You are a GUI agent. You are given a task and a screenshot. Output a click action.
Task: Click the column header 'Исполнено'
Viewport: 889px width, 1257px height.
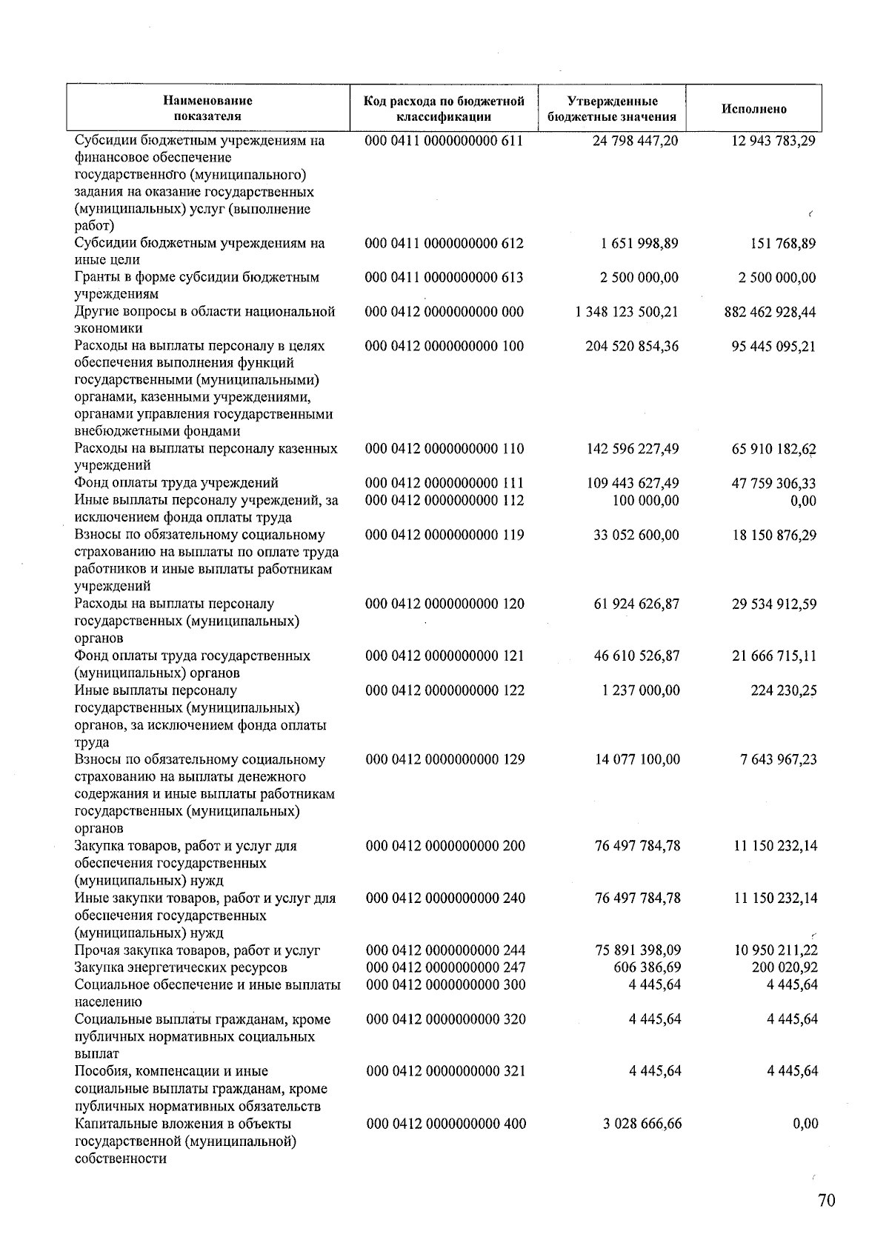pos(753,109)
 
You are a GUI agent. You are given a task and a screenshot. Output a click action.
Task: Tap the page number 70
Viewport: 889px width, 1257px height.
pos(826,1201)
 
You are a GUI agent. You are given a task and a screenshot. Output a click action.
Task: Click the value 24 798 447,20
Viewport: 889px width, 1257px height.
pos(635,140)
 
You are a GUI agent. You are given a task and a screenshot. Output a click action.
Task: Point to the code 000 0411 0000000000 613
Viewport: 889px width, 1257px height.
pos(444,277)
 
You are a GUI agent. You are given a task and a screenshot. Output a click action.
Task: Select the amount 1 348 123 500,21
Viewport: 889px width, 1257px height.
pos(626,312)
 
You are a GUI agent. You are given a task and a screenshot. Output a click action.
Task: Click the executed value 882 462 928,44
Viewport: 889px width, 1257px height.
pos(770,312)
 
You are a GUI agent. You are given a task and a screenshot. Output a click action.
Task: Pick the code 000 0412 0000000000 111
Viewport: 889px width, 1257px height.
pos(444,484)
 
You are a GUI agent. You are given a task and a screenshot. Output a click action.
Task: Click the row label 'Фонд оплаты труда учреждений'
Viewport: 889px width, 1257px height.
pos(176,484)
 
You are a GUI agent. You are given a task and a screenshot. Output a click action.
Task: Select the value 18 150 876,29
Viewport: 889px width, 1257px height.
pos(774,535)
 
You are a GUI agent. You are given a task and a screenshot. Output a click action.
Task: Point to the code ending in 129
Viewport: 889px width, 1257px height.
pos(445,759)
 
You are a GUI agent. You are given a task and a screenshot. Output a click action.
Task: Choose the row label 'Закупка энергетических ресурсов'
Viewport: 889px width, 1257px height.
pos(181,967)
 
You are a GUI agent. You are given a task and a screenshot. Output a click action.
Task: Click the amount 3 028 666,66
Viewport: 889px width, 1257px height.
pos(642,1124)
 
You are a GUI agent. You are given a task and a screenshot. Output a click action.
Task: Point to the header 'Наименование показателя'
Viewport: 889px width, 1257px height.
pos(207,109)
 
